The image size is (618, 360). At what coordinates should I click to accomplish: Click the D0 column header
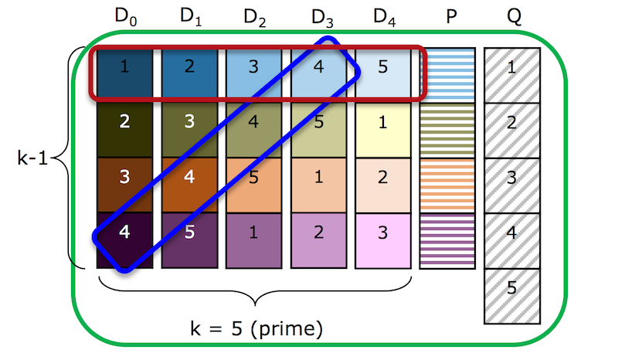click(126, 17)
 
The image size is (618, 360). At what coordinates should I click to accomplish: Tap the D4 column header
click(384, 17)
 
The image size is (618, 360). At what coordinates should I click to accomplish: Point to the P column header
click(451, 16)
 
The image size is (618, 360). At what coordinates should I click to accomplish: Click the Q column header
click(514, 17)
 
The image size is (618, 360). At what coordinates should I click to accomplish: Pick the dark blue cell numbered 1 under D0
click(124, 73)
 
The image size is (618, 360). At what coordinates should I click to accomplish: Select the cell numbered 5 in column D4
click(382, 73)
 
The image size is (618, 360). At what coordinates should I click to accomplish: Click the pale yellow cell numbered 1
click(382, 130)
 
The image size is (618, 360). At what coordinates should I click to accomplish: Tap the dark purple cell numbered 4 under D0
click(124, 240)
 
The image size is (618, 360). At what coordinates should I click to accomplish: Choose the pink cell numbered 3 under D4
click(382, 240)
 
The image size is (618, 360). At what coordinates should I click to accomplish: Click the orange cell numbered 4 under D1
click(189, 185)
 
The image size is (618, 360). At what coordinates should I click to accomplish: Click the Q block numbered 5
click(512, 296)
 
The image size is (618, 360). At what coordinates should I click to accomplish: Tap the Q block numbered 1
click(512, 75)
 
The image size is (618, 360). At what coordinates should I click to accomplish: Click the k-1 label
click(32, 158)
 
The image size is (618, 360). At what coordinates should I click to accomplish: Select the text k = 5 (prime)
click(256, 328)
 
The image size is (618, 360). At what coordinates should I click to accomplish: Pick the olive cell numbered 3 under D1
click(189, 130)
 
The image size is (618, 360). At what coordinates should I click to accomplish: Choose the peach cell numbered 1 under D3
click(318, 185)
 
